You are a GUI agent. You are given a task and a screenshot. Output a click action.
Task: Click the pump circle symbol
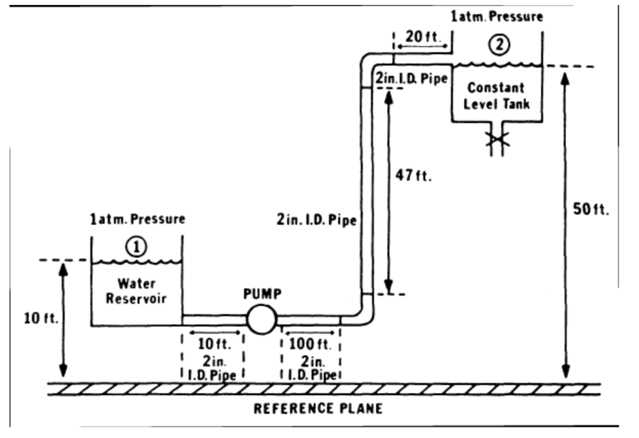tap(261, 320)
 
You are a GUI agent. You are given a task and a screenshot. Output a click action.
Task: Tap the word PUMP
tap(262, 294)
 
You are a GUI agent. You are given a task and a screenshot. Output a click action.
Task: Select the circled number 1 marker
tap(137, 247)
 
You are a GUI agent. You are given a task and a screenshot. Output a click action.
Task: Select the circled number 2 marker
tap(499, 44)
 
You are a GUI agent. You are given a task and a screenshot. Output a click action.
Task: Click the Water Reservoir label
tap(136, 291)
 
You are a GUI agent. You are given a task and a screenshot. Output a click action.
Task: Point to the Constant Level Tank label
tap(496, 96)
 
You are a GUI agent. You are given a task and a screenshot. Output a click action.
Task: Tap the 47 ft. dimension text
tap(414, 176)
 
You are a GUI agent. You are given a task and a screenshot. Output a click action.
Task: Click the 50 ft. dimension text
tap(591, 209)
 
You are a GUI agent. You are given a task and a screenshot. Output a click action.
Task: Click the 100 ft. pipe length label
tap(310, 344)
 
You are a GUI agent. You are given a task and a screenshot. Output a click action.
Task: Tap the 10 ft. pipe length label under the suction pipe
tap(213, 344)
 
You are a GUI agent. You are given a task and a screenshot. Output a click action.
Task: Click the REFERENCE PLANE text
tap(318, 409)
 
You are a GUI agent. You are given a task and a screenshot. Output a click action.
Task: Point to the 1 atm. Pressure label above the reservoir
tap(137, 219)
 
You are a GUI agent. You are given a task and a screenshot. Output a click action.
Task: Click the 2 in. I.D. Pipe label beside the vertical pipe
tap(316, 220)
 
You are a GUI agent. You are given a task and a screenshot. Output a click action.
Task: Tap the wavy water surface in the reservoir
tap(137, 262)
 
